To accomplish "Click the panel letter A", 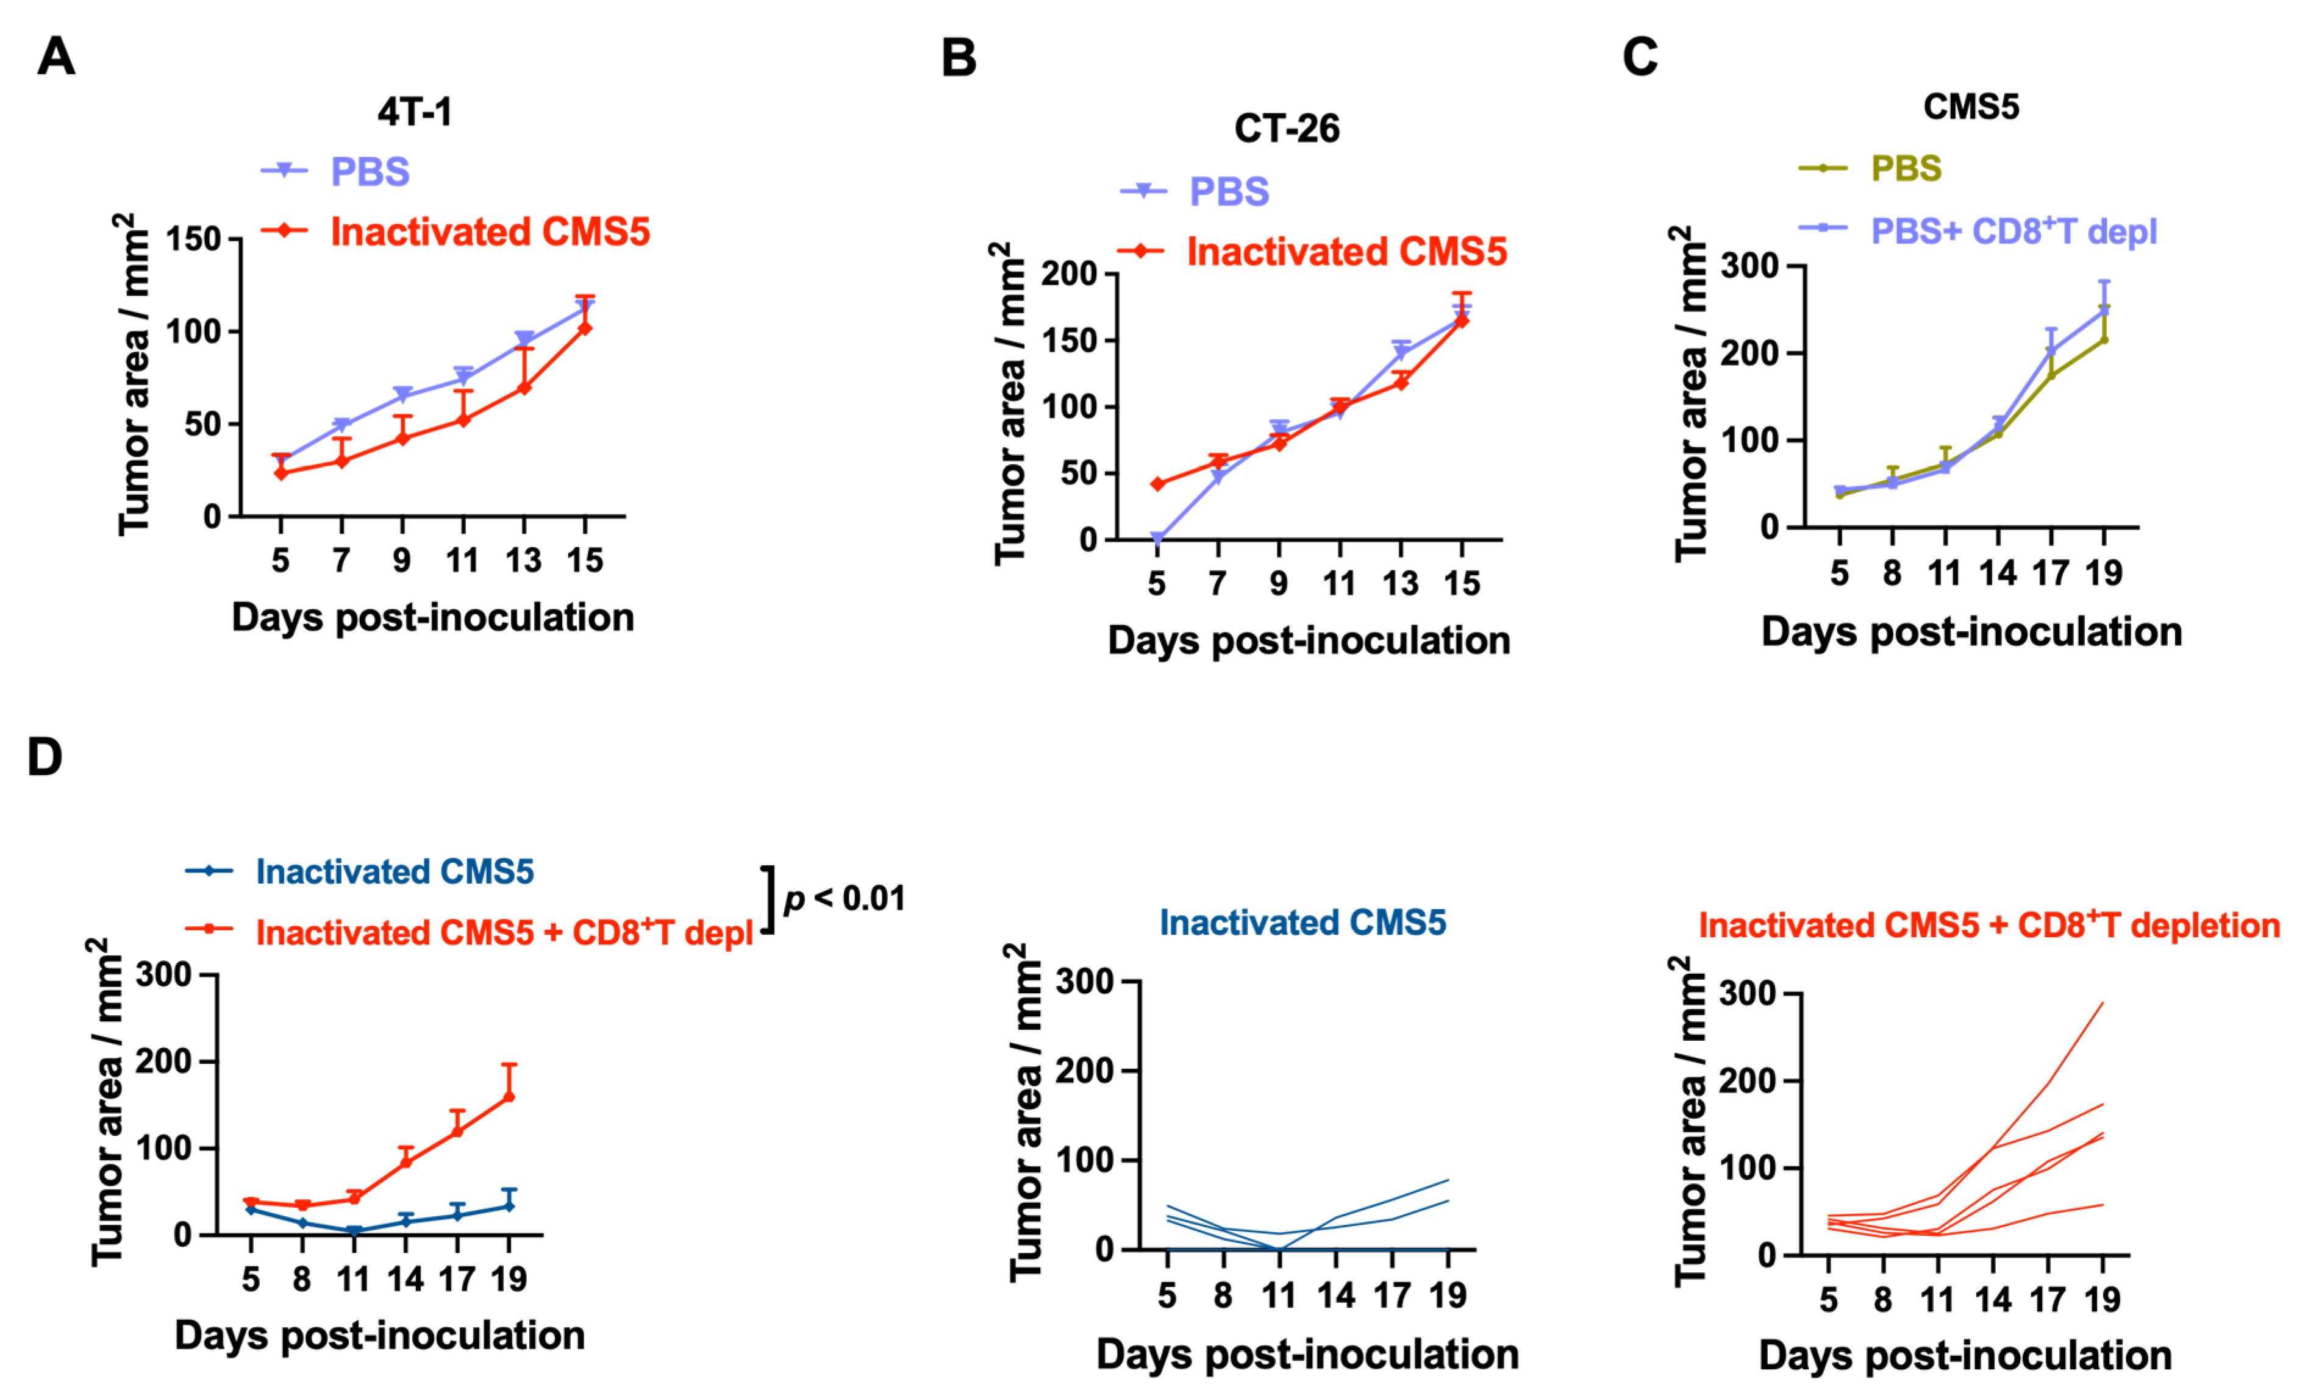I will pyautogui.click(x=56, y=57).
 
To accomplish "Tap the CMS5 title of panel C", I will pyautogui.click(x=1971, y=107).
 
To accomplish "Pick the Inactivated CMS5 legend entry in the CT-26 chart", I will pyautogui.click(x=1346, y=252).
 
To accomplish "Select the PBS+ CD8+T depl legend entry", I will pyautogui.click(x=2013, y=230).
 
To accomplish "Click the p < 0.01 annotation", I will pyautogui.click(x=845, y=898).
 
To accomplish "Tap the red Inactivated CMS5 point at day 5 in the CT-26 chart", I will pyautogui.click(x=1158, y=484).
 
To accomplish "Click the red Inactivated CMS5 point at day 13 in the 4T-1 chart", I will pyautogui.click(x=524, y=388).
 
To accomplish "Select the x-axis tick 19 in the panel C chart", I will pyautogui.click(x=2104, y=572).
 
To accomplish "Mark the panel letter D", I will pyautogui.click(x=45, y=757).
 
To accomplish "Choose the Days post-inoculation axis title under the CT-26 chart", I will pyautogui.click(x=1309, y=640).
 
